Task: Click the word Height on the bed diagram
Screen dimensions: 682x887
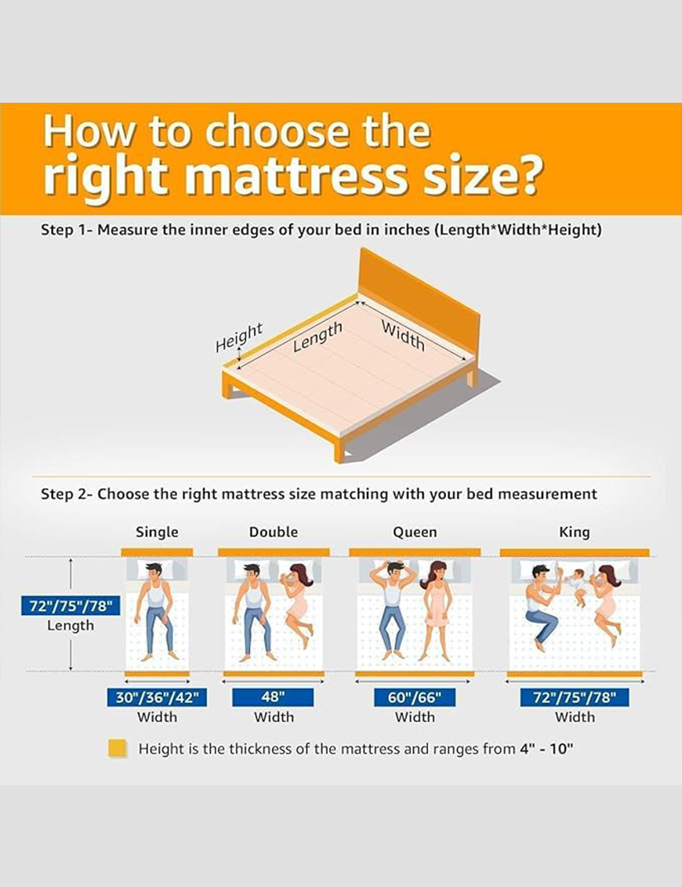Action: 238,337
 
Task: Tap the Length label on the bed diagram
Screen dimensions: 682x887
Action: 317,336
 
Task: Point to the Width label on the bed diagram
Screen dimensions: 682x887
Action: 403,336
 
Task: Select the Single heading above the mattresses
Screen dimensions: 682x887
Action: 157,532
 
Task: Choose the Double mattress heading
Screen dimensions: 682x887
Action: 273,532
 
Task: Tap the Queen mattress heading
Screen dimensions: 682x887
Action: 415,533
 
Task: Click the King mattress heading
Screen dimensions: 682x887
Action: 574,533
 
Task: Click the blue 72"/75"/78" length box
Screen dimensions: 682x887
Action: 71,606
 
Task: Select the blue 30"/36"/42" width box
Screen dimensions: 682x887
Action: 157,697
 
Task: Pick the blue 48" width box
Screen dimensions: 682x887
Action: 273,697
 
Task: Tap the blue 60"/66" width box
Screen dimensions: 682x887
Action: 415,697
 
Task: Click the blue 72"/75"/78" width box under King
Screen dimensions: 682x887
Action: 575,697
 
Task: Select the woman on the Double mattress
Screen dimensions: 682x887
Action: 298,605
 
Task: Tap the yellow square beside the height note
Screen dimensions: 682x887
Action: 118,748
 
